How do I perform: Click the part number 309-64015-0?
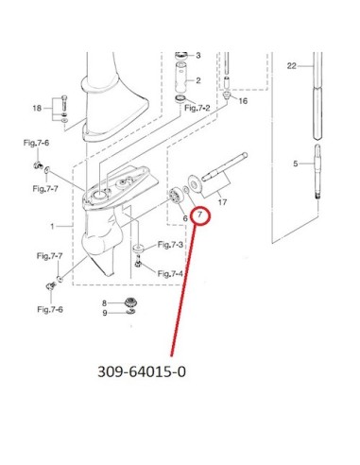pos(142,371)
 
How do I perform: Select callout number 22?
pos(292,66)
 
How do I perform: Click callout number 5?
pos(295,164)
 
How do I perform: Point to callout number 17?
pos(222,202)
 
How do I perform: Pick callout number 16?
pos(243,101)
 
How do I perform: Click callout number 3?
pos(198,56)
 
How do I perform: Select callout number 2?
pos(198,80)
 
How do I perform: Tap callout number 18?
pos(37,108)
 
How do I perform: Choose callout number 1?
pos(52,226)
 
